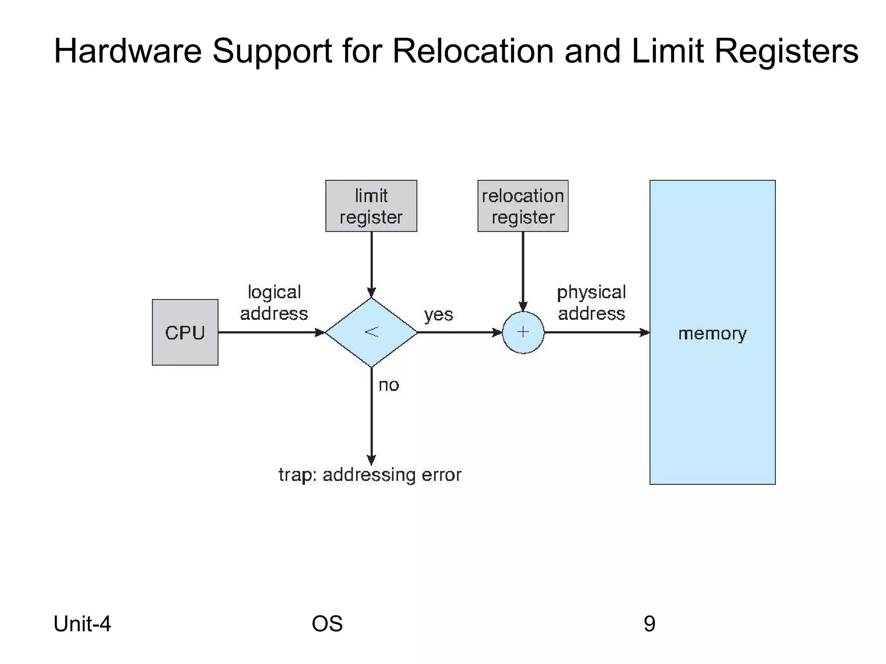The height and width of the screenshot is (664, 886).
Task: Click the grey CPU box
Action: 185,332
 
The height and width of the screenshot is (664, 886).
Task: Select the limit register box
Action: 371,206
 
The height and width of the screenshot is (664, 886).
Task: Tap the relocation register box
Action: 523,206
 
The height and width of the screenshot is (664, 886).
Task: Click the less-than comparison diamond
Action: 371,332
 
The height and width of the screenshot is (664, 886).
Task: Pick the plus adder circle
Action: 523,332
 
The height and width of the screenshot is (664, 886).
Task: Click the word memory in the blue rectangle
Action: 712,333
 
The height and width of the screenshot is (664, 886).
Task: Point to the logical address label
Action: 274,303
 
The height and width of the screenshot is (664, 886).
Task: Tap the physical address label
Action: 591,303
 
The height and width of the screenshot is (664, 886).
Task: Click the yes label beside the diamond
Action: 438,315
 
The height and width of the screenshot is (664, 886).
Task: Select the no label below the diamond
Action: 388,385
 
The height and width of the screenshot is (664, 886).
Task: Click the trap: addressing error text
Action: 370,475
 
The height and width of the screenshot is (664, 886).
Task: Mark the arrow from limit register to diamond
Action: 371,264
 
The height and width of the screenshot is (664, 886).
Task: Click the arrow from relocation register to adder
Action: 523,270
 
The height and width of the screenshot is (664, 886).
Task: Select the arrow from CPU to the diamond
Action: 270,332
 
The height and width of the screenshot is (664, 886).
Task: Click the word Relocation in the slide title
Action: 472,51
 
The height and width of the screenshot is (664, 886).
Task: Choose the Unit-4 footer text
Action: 82,624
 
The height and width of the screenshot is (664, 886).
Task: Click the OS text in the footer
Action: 327,624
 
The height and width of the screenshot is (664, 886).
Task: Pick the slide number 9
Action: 649,624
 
